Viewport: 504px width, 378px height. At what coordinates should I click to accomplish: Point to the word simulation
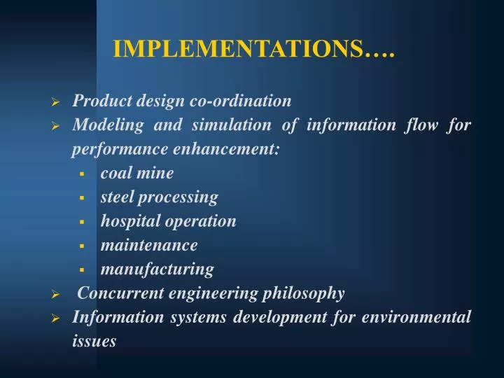232,125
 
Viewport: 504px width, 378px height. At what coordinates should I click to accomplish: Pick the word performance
113,149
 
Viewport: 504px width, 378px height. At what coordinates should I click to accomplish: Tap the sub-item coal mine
137,173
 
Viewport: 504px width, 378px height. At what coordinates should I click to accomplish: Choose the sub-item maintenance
149,245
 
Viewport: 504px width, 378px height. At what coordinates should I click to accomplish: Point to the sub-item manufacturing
157,269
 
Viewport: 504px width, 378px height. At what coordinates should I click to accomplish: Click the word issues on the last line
94,341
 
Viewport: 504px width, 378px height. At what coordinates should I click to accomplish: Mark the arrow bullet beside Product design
56,102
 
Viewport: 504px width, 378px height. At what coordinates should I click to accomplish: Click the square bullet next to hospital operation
83,222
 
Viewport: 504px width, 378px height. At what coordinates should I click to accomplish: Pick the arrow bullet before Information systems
56,318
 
